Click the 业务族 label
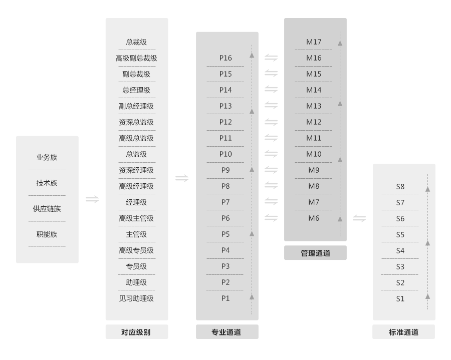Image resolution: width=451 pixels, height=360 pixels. (x=47, y=157)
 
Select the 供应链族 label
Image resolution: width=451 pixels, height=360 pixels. (x=47, y=209)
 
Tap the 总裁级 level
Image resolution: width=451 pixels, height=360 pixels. (x=136, y=42)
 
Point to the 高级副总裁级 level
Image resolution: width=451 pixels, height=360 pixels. (x=136, y=58)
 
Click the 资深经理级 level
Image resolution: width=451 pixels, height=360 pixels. (x=136, y=170)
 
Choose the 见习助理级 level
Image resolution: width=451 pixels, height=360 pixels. (x=136, y=298)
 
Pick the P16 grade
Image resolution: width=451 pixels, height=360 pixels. (x=225, y=58)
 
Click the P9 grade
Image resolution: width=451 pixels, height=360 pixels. (x=225, y=170)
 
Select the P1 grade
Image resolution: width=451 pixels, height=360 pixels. (x=225, y=298)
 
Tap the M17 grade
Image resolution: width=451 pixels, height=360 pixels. (x=314, y=42)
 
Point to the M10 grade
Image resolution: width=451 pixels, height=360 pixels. (x=314, y=154)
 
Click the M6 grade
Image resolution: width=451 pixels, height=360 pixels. (x=314, y=218)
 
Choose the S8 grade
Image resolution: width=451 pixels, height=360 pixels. (x=400, y=187)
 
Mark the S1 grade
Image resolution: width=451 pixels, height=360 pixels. (x=400, y=299)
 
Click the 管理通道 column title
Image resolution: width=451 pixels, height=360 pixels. (x=315, y=253)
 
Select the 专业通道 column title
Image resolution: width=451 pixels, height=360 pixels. (x=226, y=332)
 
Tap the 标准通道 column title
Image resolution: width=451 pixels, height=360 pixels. (x=403, y=332)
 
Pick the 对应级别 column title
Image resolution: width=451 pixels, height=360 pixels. (x=136, y=332)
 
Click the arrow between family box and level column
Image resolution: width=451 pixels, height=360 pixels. (x=92, y=199)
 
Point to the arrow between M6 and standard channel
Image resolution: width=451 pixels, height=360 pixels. (x=359, y=218)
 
